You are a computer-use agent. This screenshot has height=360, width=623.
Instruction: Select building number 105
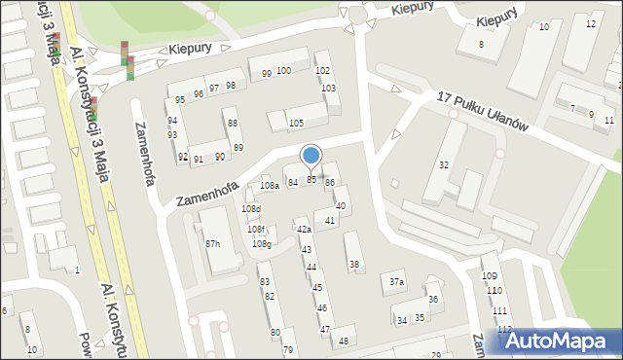(296, 123)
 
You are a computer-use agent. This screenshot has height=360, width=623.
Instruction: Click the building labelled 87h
(212, 243)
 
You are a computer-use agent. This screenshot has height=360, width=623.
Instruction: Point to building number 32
(443, 165)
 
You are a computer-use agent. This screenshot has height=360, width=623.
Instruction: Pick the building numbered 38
(354, 264)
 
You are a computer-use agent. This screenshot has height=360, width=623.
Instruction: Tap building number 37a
(395, 282)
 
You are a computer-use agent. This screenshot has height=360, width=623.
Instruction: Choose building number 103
(329, 89)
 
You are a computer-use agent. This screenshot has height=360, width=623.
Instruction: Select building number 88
(232, 124)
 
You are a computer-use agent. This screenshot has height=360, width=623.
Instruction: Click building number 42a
(304, 229)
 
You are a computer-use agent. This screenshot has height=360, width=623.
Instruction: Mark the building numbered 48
(343, 341)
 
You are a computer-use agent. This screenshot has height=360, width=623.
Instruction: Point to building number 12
(591, 23)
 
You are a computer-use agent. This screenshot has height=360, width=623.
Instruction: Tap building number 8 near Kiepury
(480, 45)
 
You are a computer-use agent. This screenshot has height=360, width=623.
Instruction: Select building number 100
(283, 71)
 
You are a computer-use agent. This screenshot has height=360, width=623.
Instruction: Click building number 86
(330, 182)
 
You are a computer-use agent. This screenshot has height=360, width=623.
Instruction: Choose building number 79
(287, 349)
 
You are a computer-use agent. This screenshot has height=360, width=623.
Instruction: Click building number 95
(179, 100)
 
